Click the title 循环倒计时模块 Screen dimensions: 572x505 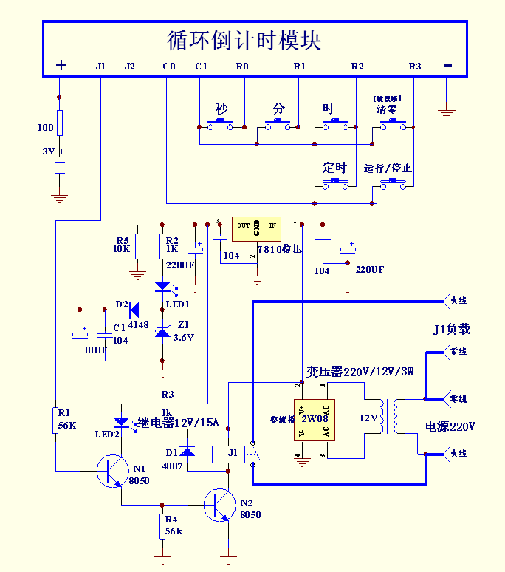tap(244, 40)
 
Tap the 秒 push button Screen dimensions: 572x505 tap(222, 125)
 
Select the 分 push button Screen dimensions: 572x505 tap(279, 125)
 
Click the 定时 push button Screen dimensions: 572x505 tap(336, 183)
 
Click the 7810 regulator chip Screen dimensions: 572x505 tap(256, 228)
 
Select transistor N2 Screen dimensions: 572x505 tap(219, 505)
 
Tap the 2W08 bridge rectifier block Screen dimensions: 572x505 tap(314, 419)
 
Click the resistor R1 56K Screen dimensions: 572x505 tap(55, 420)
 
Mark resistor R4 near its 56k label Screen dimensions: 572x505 tap(162, 527)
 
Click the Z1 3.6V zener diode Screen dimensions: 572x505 tap(162, 332)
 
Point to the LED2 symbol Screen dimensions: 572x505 tap(120, 423)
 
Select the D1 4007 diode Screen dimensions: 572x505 tap(188, 451)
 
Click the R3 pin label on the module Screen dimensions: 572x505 tap(415, 67)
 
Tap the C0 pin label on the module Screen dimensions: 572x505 tap(169, 67)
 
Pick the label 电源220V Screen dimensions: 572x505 tap(450, 426)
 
